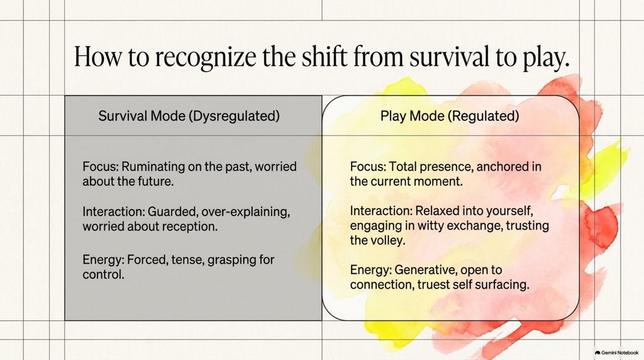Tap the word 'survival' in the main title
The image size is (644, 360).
(x=449, y=56)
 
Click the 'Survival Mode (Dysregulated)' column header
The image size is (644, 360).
(x=189, y=116)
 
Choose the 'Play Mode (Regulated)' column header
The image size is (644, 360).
(x=450, y=116)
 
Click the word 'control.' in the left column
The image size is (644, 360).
(x=104, y=274)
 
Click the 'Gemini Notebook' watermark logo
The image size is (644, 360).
(x=616, y=352)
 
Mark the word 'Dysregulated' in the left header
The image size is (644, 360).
(x=234, y=116)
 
